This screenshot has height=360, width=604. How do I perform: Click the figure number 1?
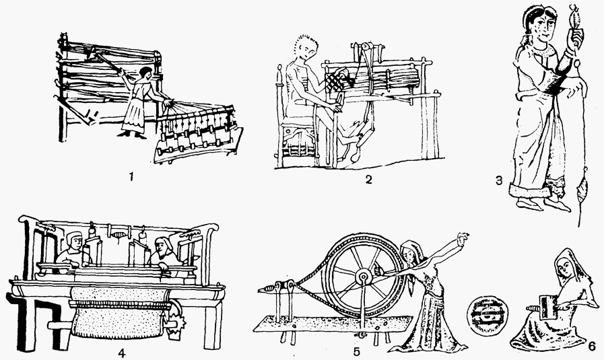[131, 177]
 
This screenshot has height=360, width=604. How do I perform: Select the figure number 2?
[368, 180]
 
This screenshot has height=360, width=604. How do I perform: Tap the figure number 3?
[499, 180]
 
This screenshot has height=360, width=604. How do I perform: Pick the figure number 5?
[356, 351]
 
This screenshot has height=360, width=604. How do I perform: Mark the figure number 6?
[592, 346]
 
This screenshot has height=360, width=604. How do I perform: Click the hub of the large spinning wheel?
[363, 277]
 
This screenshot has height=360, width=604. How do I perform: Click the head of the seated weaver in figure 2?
[308, 48]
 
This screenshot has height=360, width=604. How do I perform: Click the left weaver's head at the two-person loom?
[74, 241]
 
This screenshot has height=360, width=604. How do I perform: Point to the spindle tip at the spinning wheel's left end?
[263, 289]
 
